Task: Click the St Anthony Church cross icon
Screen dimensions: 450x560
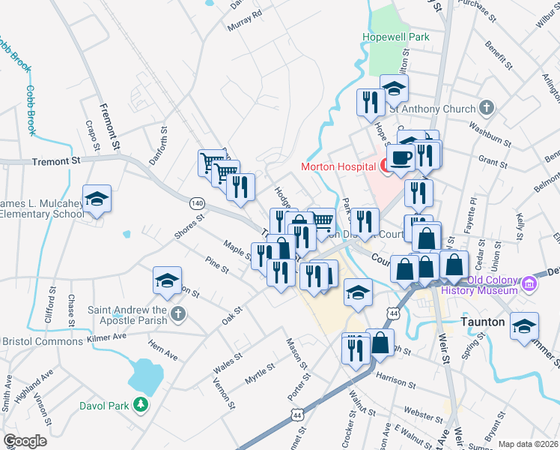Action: (x=486, y=108)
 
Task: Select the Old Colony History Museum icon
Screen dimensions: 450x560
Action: (x=529, y=283)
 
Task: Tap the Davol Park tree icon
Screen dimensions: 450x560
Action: (x=140, y=406)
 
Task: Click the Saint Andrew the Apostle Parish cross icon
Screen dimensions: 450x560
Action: (x=177, y=313)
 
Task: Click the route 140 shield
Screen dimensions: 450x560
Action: (x=197, y=203)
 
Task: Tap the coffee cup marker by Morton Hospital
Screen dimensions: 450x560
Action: (x=401, y=159)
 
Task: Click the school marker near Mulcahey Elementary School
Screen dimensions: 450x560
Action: (x=97, y=200)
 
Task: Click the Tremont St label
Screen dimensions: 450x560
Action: (x=55, y=161)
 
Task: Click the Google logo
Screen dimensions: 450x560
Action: (x=25, y=440)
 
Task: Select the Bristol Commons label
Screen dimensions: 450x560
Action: (x=43, y=341)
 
